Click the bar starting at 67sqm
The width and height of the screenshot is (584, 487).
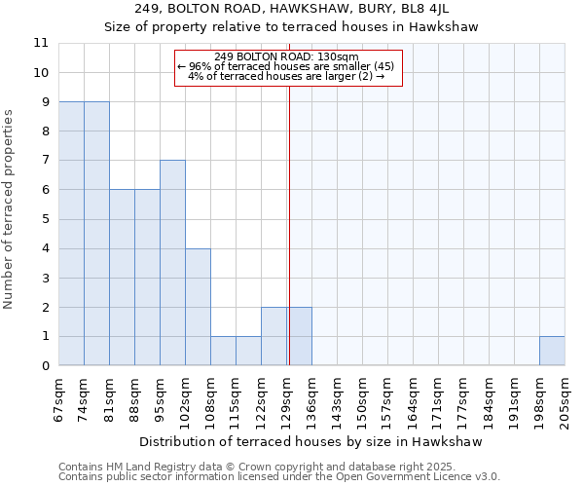71,234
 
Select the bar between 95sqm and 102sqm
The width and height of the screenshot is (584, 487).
172,263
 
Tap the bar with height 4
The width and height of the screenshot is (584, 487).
198,307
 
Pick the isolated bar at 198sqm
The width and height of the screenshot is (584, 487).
552,351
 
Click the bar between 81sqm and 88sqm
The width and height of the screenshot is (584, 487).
122,278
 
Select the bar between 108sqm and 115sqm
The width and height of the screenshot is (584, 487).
223,351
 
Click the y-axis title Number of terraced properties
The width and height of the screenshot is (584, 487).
10,208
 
